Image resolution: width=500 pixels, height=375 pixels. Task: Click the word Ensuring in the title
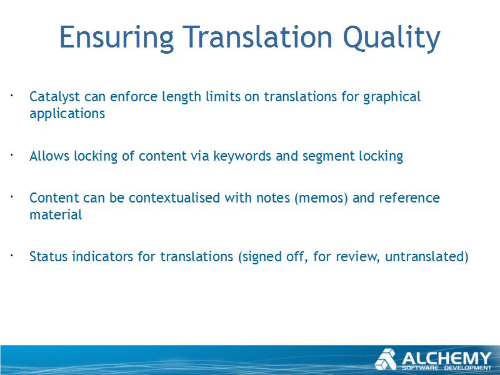(x=116, y=38)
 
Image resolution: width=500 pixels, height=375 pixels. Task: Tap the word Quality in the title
(x=392, y=38)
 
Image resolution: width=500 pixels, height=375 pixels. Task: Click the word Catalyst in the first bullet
(x=54, y=97)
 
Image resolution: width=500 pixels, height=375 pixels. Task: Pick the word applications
(x=67, y=114)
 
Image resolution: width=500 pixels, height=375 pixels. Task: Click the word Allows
(x=49, y=156)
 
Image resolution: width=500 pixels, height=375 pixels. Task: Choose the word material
(x=56, y=214)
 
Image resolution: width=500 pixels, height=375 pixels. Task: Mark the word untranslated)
(x=427, y=256)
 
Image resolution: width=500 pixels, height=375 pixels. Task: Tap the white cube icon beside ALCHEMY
(x=386, y=359)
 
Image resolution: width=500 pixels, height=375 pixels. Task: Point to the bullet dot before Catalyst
(x=11, y=95)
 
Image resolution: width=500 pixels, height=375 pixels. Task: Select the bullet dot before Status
(x=11, y=255)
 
